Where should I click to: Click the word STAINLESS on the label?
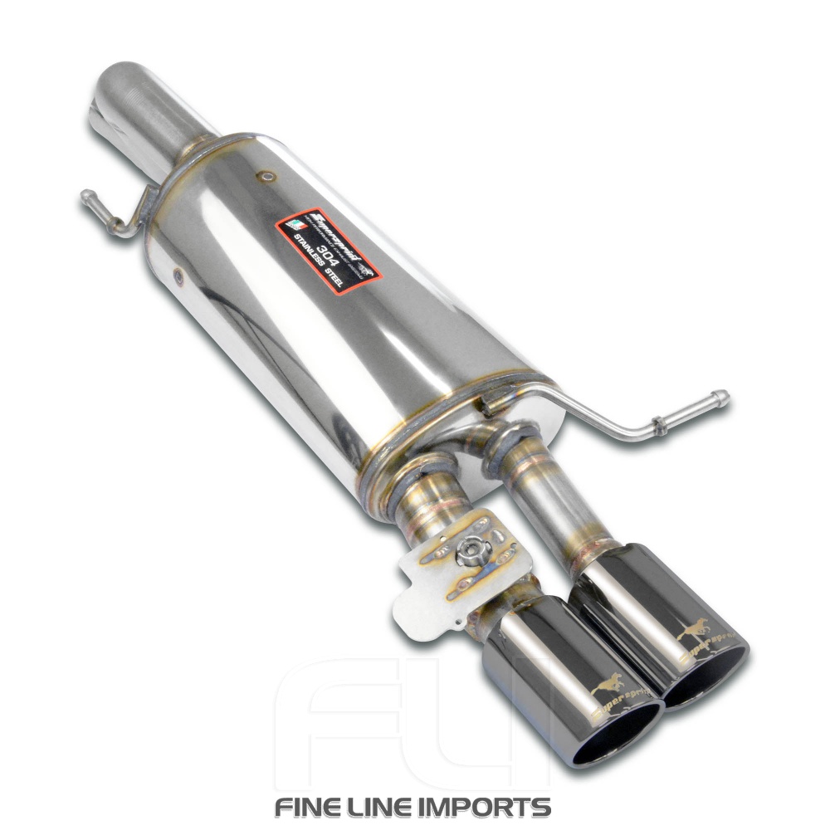click(x=314, y=256)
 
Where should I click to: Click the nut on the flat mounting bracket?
click(x=474, y=549)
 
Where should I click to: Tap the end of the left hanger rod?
click(x=85, y=196)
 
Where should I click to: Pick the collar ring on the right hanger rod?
click(x=658, y=425)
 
